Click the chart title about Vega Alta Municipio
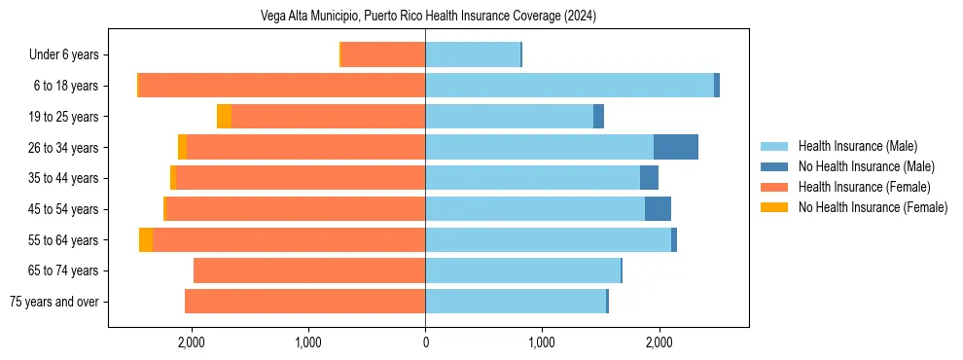pos(429,17)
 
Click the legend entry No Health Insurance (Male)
pos(866,166)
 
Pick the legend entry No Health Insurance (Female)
pos(873,207)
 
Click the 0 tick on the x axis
pos(425,342)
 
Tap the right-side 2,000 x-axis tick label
pos(659,342)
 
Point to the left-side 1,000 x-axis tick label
pos(308,342)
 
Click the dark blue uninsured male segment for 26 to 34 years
pos(676,148)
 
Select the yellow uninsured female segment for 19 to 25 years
pos(224,117)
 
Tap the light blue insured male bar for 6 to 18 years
pos(569,86)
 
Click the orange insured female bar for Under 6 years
pos(383,55)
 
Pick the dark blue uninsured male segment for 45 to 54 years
pos(658,209)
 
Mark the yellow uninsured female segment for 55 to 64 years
pos(146,240)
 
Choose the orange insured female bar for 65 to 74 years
pos(309,270)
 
